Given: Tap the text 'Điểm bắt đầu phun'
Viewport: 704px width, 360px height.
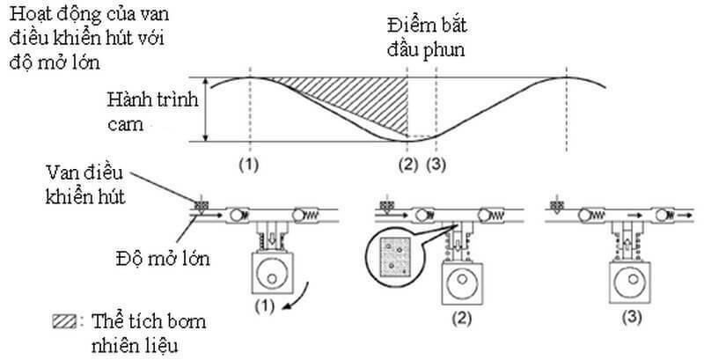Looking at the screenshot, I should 429,38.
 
